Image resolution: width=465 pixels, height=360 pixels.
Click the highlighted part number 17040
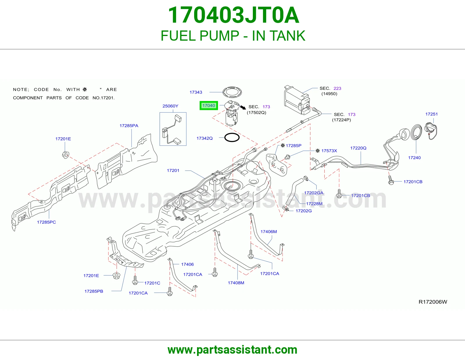(x=209, y=105)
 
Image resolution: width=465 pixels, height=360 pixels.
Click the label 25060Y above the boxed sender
(x=170, y=106)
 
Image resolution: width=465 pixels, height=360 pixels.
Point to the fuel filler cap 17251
(x=431, y=130)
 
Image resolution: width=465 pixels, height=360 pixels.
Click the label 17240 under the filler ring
(x=414, y=158)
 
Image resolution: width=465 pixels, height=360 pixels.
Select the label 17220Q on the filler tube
(x=358, y=148)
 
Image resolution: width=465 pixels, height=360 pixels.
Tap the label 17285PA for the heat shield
(x=129, y=126)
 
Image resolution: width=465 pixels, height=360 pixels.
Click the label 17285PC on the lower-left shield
(x=46, y=222)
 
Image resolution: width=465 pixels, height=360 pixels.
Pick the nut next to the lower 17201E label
(x=117, y=276)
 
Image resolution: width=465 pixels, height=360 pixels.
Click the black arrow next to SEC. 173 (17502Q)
(x=243, y=107)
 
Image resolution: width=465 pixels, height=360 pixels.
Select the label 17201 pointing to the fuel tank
(x=173, y=170)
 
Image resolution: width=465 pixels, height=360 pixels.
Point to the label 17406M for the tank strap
(x=269, y=231)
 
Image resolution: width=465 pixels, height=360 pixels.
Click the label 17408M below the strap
(x=236, y=282)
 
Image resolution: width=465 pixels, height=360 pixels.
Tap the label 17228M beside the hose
(x=314, y=204)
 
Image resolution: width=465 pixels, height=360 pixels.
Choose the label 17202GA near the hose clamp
(x=314, y=192)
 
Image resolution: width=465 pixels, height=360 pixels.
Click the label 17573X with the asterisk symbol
(x=326, y=151)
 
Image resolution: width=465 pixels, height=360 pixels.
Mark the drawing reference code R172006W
(x=433, y=302)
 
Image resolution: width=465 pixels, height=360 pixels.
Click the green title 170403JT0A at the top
(x=233, y=15)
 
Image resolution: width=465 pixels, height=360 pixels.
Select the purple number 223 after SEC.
(x=337, y=88)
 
